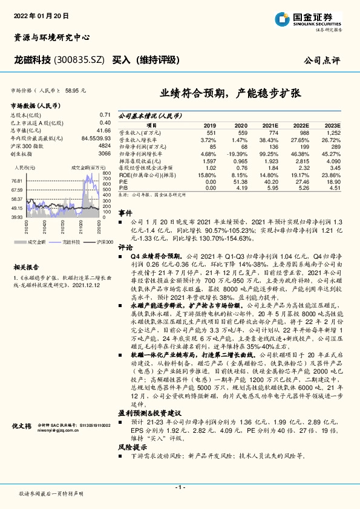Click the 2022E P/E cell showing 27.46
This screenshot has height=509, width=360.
tap(301, 181)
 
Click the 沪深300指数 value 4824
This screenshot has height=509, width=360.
tap(104, 146)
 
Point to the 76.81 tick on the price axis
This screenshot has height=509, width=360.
tap(17, 181)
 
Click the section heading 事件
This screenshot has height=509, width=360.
tap(125, 213)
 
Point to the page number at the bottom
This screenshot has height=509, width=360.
tap(180, 487)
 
